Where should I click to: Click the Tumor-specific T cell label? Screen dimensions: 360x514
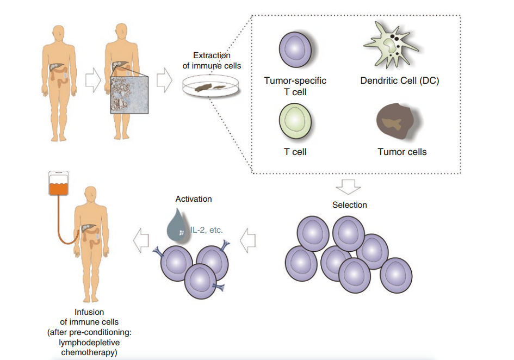point(295,86)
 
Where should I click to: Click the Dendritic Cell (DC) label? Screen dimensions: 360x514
point(399,81)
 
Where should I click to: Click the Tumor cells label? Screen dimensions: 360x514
point(402,152)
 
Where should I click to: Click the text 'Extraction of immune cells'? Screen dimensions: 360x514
point(212,61)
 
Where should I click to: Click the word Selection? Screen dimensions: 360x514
point(349,205)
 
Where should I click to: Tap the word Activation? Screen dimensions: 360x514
point(193,199)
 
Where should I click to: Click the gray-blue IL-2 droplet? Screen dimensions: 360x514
point(177,225)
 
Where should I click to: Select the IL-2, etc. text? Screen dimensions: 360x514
point(206,229)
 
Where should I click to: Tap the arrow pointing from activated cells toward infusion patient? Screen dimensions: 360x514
point(142,239)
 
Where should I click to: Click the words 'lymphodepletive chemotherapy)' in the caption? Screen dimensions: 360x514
point(89,348)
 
